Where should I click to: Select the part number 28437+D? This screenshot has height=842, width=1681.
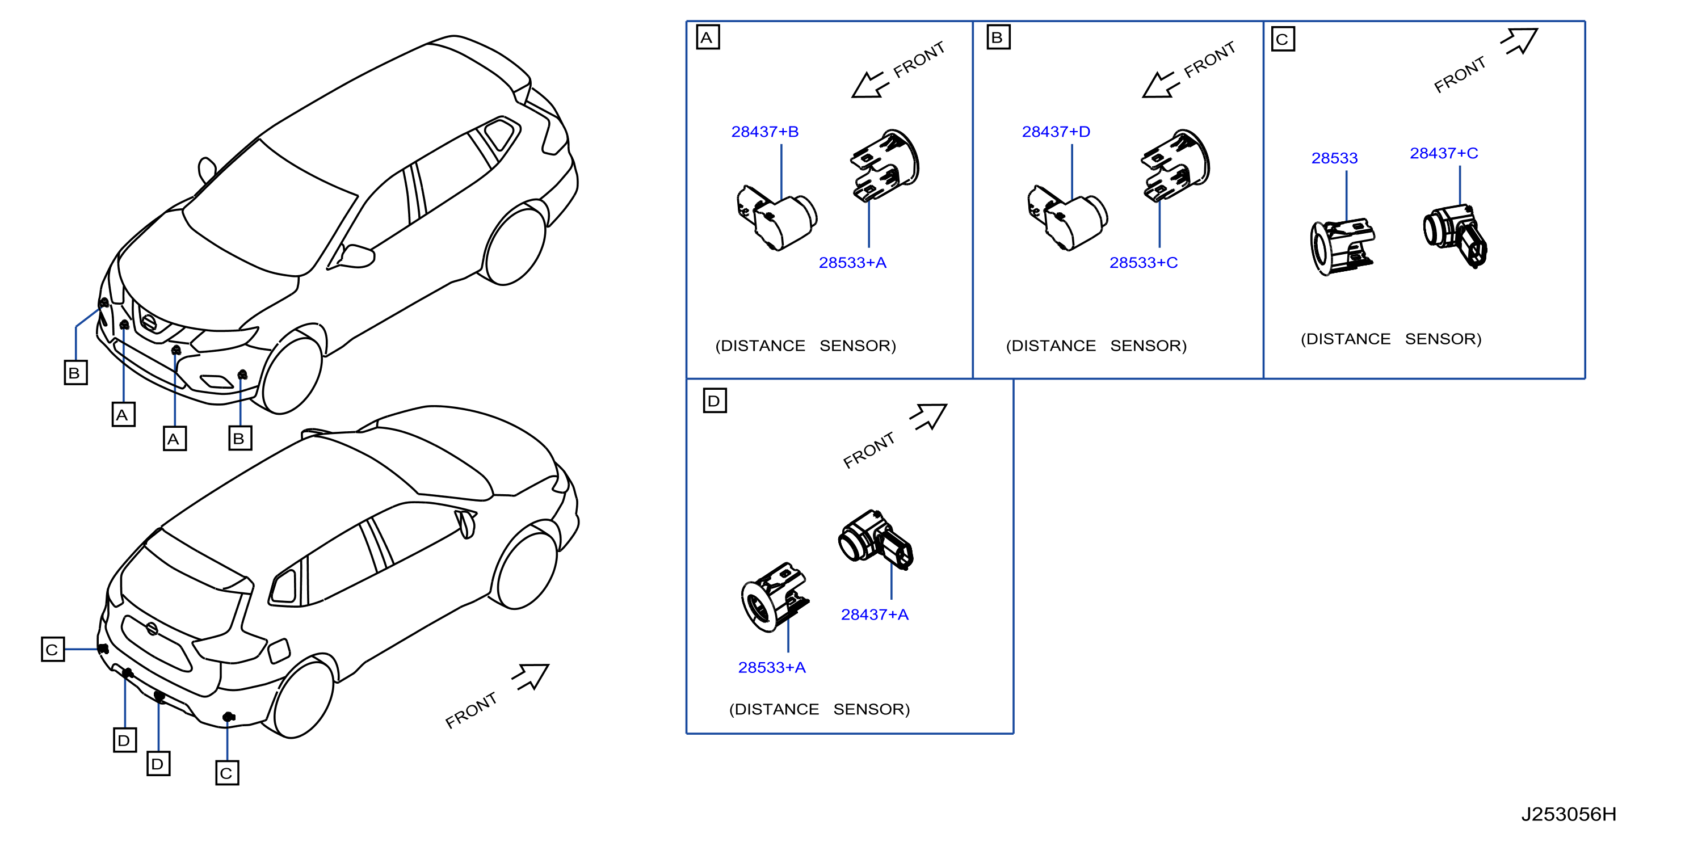1055,132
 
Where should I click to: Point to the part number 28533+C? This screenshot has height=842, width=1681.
1144,263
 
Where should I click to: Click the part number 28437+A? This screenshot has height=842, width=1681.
875,614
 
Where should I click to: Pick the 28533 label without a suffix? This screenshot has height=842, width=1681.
1334,158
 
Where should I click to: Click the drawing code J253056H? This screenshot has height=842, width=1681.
1568,814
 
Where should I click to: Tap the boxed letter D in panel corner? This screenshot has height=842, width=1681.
715,401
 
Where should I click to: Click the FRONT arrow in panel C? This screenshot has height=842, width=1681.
1520,41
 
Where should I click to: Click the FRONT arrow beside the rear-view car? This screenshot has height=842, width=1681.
531,676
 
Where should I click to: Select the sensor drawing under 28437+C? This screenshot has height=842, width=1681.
1455,235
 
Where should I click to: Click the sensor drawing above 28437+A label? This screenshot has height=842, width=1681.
875,540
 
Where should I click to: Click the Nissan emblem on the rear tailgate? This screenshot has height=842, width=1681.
152,629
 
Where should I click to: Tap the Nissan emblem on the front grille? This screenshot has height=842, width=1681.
149,322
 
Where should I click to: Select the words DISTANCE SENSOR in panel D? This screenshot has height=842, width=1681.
819,709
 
